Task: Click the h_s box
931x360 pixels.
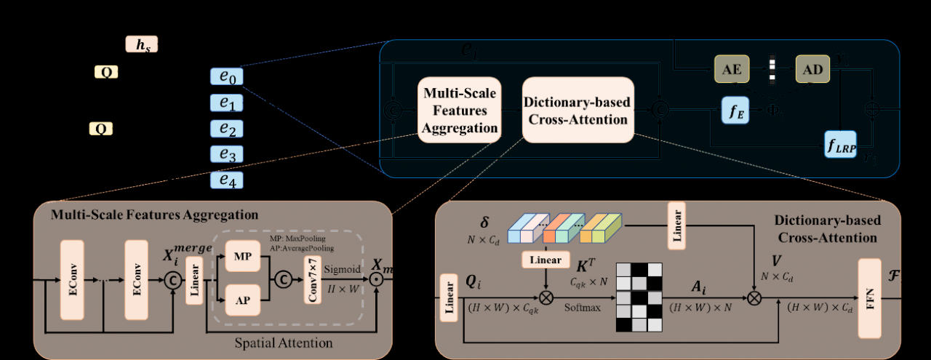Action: (x=141, y=45)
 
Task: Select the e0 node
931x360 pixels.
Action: (x=227, y=76)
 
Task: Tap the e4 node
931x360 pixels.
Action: (x=227, y=180)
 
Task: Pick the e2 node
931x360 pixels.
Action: (x=227, y=129)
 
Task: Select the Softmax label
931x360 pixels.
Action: (x=583, y=308)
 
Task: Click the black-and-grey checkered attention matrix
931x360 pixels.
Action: (x=640, y=297)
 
